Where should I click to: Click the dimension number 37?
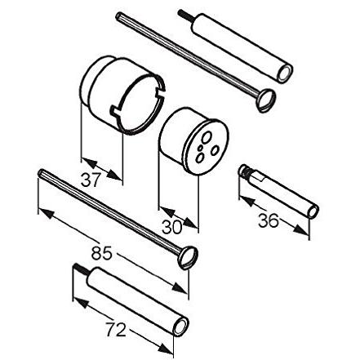[x=90, y=180]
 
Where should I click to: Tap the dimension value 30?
[x=171, y=227]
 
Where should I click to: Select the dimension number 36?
[x=269, y=220]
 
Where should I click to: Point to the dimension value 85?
[x=101, y=253]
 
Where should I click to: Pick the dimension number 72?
[x=116, y=329]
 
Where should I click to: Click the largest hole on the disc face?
[x=207, y=137]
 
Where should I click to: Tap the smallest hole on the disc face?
[x=200, y=148]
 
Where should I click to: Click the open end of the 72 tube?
[x=181, y=327]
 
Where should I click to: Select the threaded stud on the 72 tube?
[x=81, y=269]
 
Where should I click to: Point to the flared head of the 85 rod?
[x=188, y=257]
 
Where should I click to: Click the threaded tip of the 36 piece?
[x=245, y=171]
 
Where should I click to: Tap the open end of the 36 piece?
[x=313, y=211]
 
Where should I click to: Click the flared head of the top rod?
[x=266, y=100]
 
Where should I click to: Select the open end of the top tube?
[x=285, y=73]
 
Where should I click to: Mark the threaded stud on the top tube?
[x=186, y=16]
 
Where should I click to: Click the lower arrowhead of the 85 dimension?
[x=180, y=288]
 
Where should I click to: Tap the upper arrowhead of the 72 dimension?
[x=81, y=302]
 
